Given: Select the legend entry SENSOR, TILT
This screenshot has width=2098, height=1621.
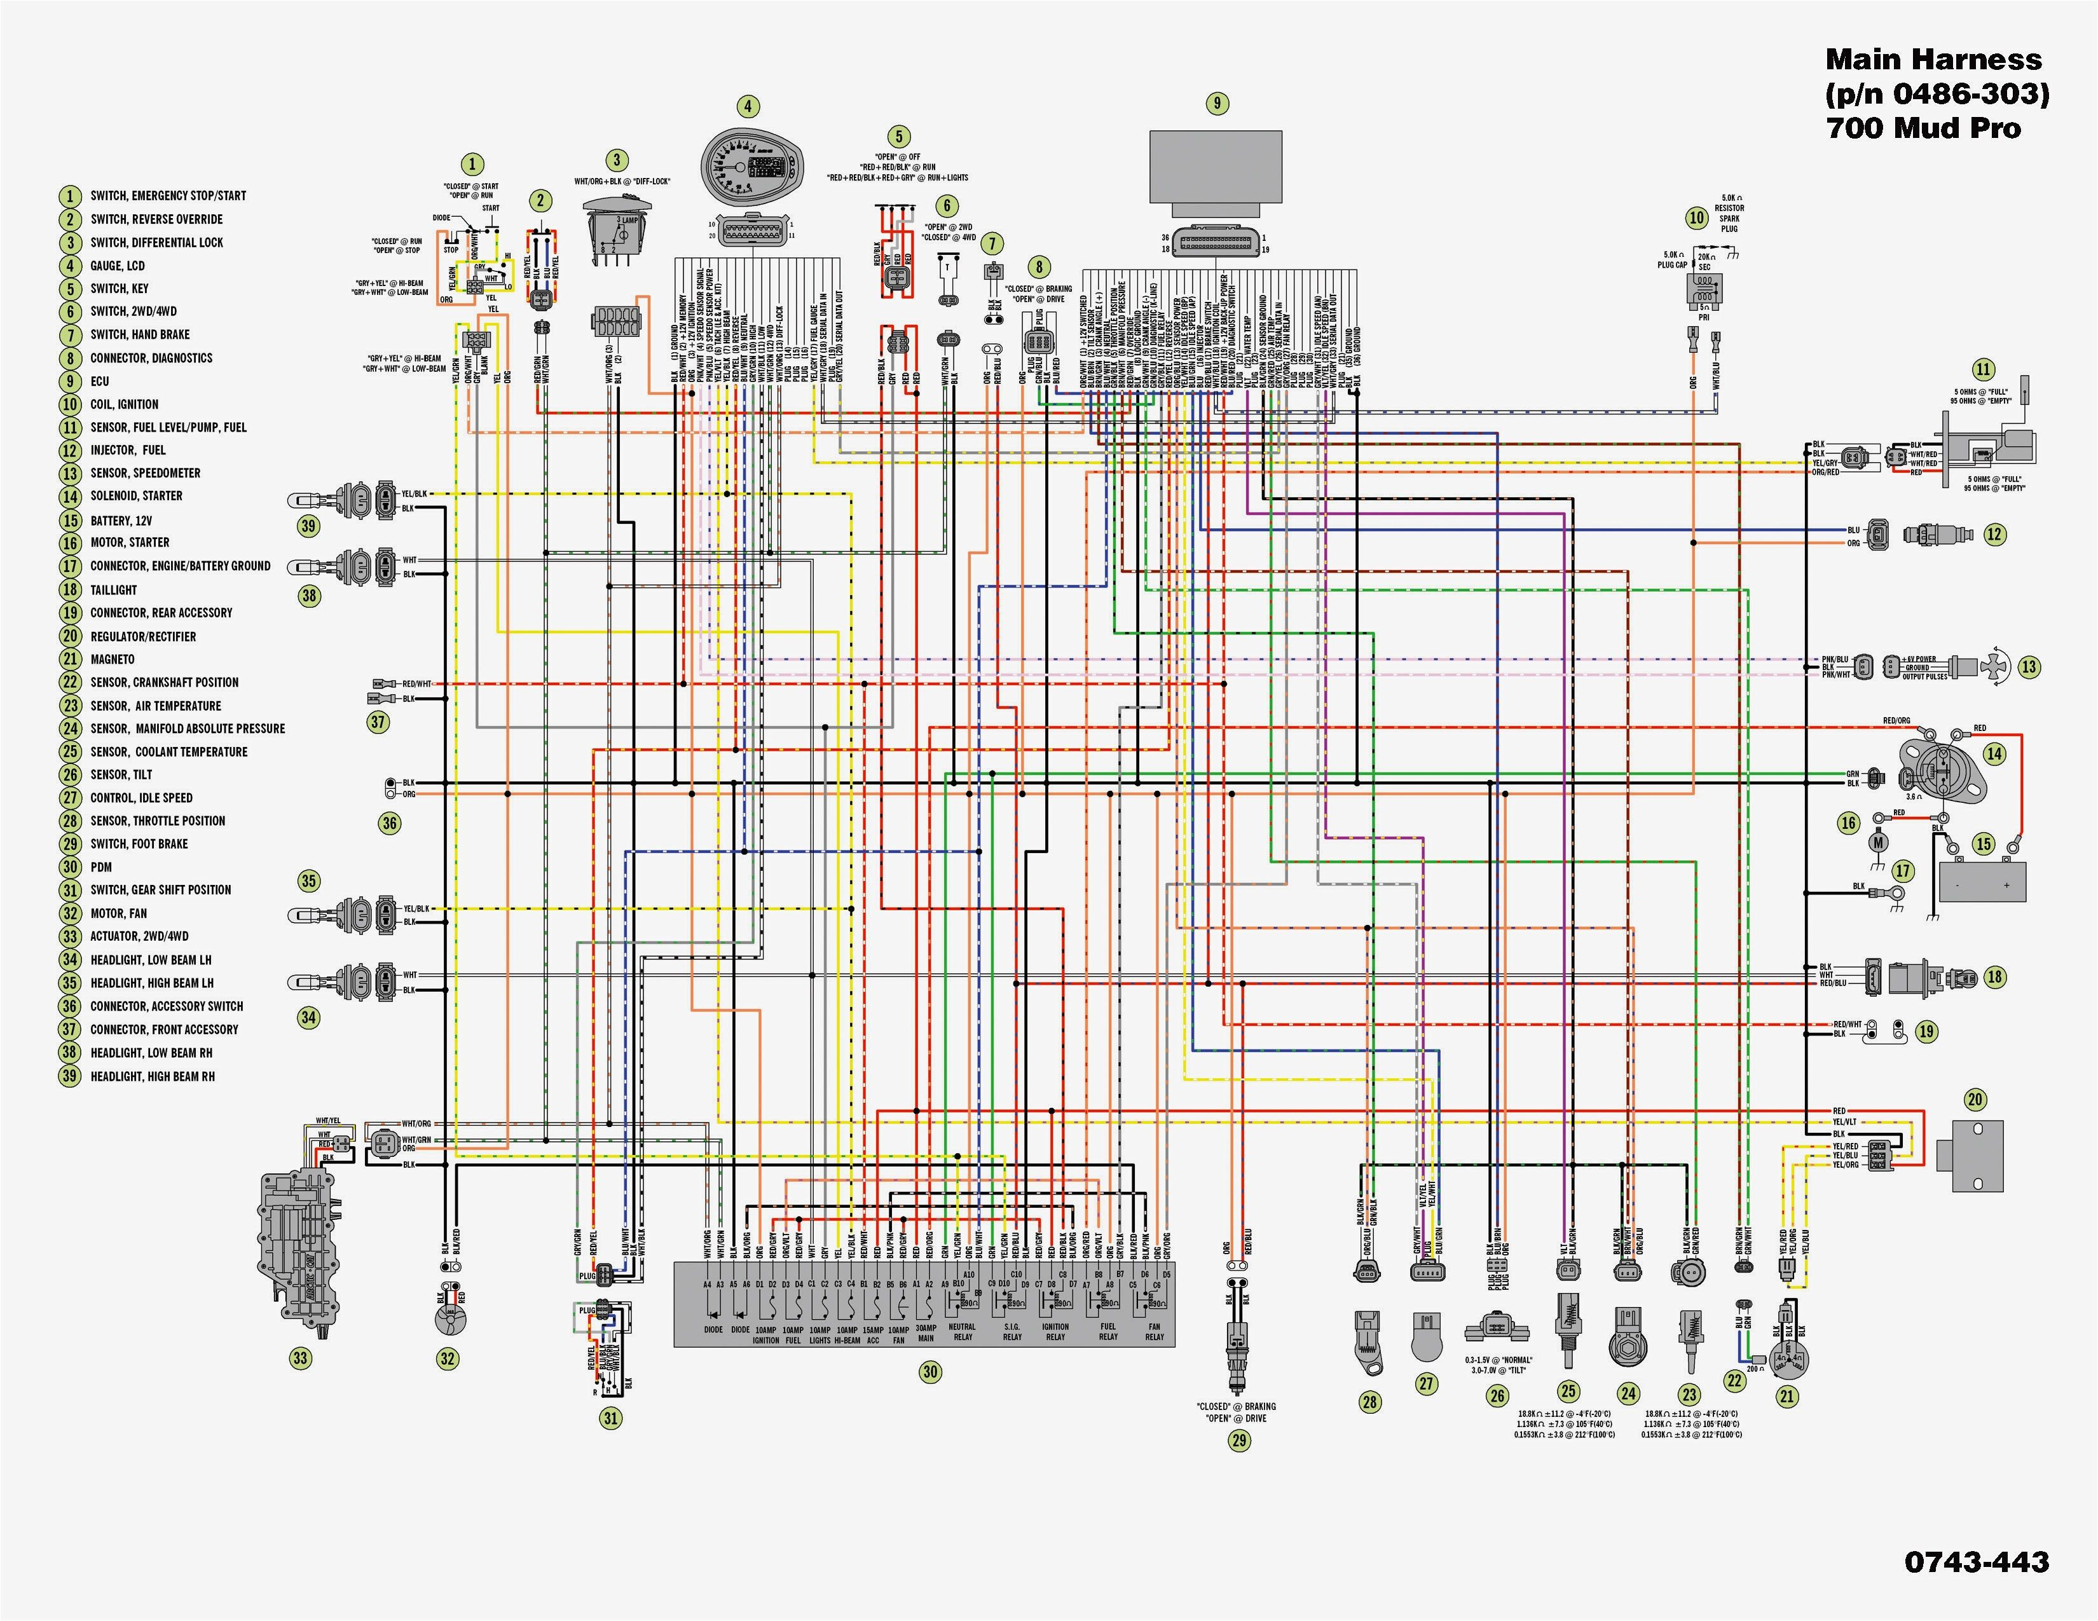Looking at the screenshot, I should coord(121,775).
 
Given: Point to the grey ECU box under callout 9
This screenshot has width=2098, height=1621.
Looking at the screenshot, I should coord(1215,168).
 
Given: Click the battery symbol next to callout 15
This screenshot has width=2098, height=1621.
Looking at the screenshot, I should coord(1982,880).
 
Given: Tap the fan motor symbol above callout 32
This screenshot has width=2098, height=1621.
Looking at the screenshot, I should coord(448,1322).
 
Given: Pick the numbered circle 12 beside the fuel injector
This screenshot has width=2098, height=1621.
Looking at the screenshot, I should coord(1995,534).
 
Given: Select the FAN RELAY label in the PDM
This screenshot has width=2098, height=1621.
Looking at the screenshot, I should coord(1155,1332).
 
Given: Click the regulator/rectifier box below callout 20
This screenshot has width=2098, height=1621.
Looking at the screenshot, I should coord(1970,1155).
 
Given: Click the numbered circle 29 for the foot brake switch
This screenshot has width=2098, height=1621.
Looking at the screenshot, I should coord(1239,1440).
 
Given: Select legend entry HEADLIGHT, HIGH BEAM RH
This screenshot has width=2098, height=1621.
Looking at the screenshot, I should coord(153,1076).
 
